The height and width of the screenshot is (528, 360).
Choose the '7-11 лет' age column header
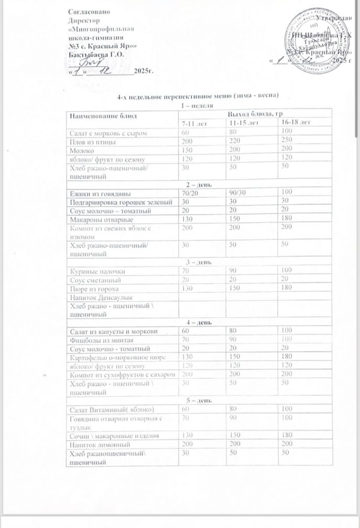pyautogui.click(x=191, y=123)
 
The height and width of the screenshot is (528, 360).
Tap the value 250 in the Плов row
pyautogui.click(x=286, y=141)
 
